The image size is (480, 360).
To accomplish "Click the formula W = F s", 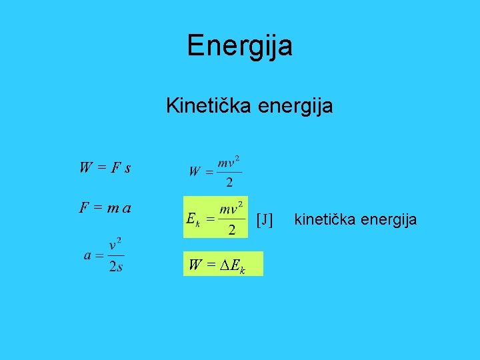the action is click(x=104, y=167).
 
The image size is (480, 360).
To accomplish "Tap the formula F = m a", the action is click(x=105, y=208).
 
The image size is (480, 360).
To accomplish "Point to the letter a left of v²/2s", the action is click(x=88, y=255).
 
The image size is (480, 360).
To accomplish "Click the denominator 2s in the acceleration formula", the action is click(x=116, y=267).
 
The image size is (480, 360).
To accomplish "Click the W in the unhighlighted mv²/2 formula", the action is click(x=195, y=171).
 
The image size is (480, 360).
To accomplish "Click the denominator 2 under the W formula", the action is click(x=229, y=182).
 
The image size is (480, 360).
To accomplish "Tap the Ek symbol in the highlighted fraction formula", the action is click(x=192, y=219).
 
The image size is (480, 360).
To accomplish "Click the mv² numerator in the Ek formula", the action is click(x=231, y=208).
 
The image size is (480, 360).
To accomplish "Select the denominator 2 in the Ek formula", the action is click(x=231, y=230).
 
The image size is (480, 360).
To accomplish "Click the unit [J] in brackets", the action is click(x=265, y=219).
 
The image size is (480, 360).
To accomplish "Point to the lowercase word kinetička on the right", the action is click(x=323, y=219).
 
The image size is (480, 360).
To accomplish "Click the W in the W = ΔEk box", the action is click(x=195, y=265).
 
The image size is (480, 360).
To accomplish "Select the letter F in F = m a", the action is click(x=84, y=208).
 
